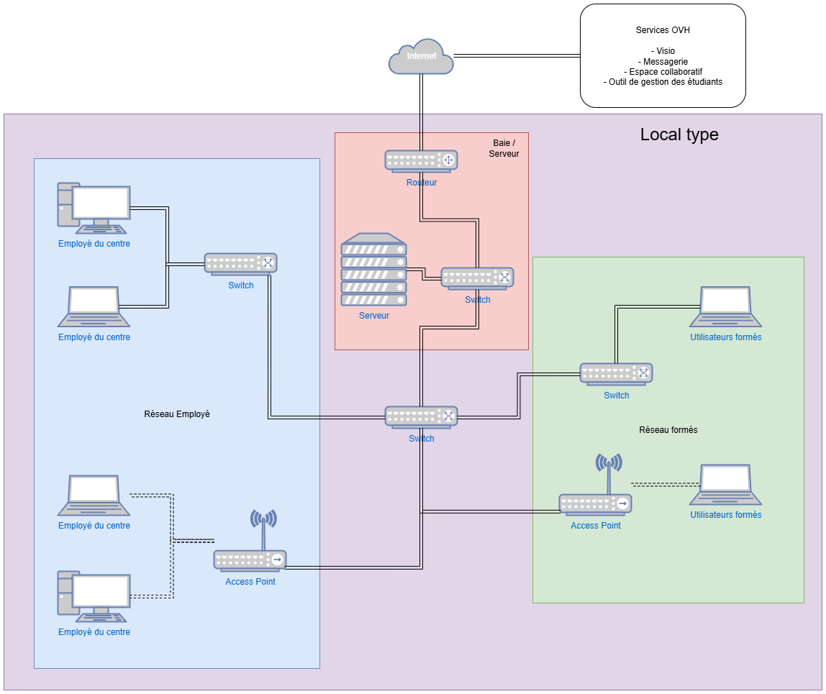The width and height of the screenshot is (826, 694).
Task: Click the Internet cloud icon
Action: (x=421, y=57)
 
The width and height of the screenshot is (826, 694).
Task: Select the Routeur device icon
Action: (x=421, y=162)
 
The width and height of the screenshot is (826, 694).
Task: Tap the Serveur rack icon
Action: (x=373, y=270)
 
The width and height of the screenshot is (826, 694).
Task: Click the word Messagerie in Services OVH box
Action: (x=662, y=62)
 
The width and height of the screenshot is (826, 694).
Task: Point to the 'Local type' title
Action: (x=678, y=134)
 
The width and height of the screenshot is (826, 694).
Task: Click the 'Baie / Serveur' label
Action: (x=504, y=148)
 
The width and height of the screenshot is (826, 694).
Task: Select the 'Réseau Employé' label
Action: (x=177, y=414)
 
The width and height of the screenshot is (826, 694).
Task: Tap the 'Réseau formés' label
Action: (x=668, y=429)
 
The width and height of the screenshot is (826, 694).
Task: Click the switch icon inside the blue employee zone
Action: (x=240, y=264)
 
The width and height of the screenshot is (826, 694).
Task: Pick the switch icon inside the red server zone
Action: (x=477, y=278)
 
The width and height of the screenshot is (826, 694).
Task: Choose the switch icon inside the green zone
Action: (x=616, y=374)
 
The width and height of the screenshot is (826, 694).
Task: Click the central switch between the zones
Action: (x=421, y=417)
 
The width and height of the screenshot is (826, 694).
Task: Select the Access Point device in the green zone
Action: (x=596, y=503)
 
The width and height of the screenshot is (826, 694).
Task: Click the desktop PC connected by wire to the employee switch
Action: (x=94, y=209)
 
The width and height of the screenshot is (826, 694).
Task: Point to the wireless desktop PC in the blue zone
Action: (x=94, y=595)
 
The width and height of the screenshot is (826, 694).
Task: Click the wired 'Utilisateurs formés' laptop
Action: (x=725, y=307)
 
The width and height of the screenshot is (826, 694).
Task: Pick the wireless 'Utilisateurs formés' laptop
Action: (x=725, y=485)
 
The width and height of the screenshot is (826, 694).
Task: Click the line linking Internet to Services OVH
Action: (x=517, y=55)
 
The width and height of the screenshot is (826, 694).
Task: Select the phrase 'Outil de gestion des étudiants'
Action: (x=662, y=82)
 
